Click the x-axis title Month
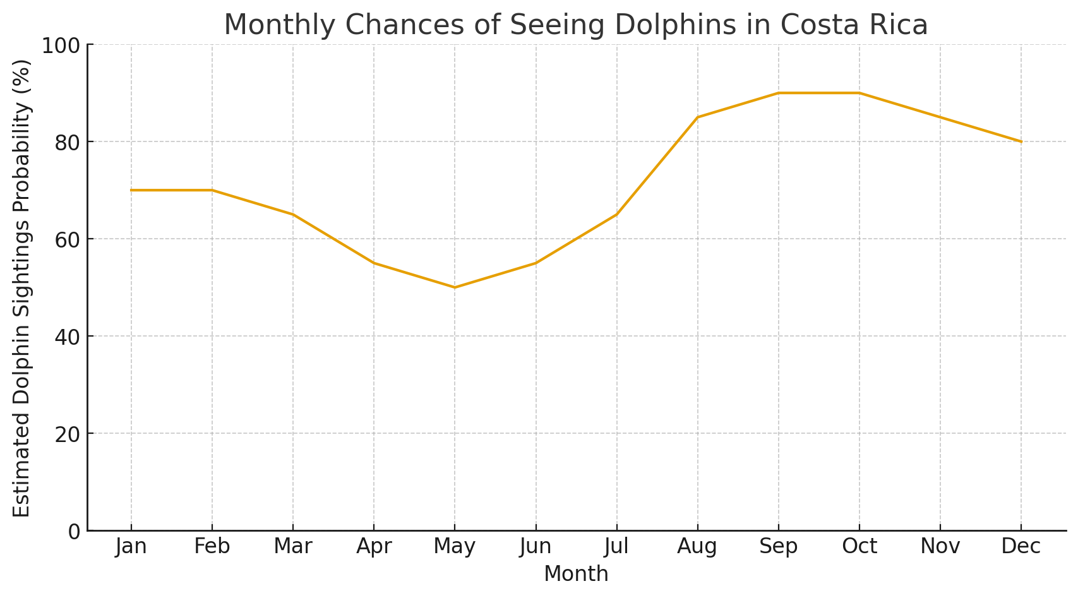click(576, 574)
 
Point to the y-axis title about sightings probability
click(22, 288)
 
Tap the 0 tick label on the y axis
click(75, 531)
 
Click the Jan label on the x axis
click(131, 547)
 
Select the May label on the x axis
click(455, 547)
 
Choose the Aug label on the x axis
click(697, 547)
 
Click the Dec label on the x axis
click(1021, 547)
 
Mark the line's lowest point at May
click(455, 287)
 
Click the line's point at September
click(778, 93)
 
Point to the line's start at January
click(131, 190)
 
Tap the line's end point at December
click(1021, 141)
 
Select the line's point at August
click(697, 117)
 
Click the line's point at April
click(374, 263)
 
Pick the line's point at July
click(616, 215)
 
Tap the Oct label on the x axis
click(859, 547)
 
